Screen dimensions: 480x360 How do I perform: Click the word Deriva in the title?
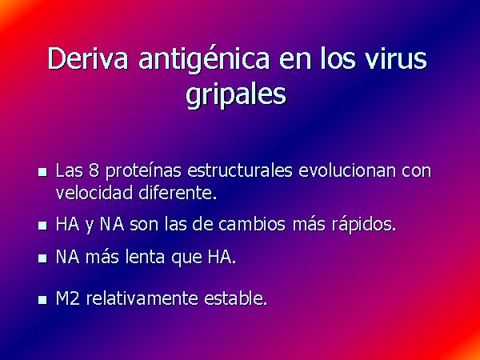click(x=87, y=58)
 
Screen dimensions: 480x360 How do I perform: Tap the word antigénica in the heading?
click(x=204, y=60)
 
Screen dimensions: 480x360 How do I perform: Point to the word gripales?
click(x=236, y=94)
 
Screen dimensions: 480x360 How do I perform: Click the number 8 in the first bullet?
click(x=94, y=170)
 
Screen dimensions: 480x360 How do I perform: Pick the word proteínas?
click(x=143, y=171)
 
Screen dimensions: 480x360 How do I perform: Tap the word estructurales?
click(x=240, y=170)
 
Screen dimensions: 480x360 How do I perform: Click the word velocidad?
click(x=94, y=192)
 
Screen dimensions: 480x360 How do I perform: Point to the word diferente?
click(x=178, y=192)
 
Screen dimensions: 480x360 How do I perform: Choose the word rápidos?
click(x=364, y=225)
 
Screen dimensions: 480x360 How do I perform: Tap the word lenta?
click(x=146, y=257)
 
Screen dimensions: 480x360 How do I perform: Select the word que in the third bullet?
click(x=186, y=258)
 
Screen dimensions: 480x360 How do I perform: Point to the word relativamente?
click(x=142, y=298)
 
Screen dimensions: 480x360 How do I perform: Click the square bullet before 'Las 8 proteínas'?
click(x=42, y=172)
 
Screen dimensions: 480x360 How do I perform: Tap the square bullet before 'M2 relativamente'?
click(x=42, y=300)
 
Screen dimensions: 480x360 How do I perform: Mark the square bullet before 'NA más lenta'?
click(x=42, y=258)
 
